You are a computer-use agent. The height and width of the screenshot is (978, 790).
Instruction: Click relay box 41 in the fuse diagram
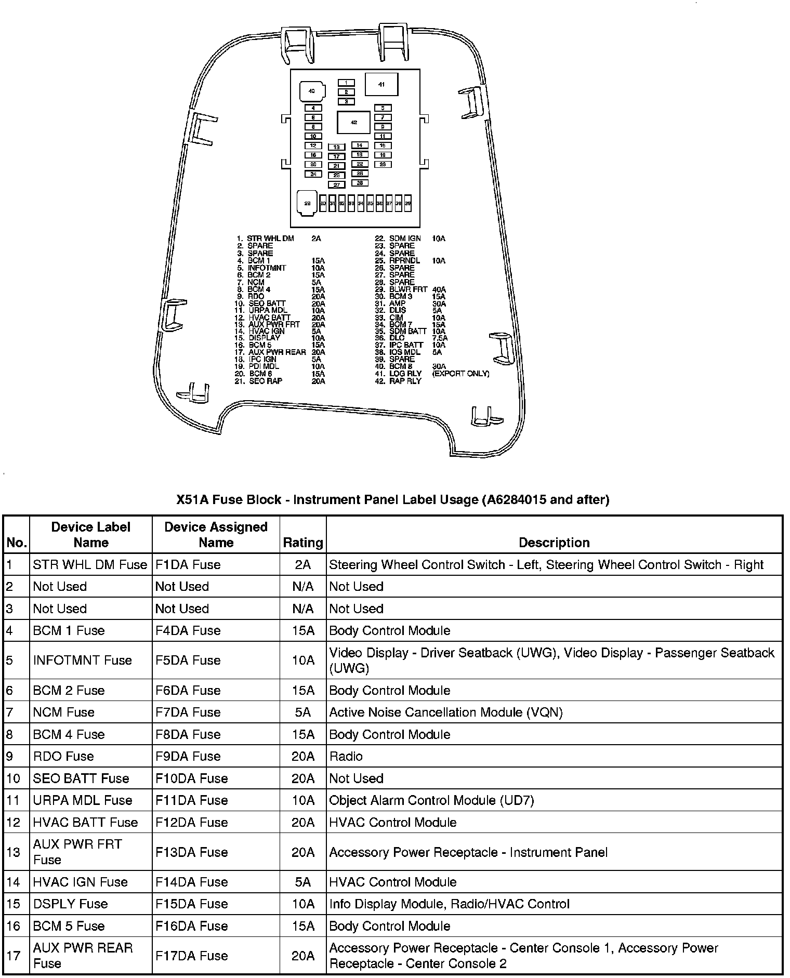pyautogui.click(x=381, y=84)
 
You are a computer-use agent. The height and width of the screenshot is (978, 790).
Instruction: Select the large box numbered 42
pyautogui.click(x=354, y=123)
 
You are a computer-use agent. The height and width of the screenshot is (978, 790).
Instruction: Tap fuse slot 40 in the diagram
pyautogui.click(x=312, y=91)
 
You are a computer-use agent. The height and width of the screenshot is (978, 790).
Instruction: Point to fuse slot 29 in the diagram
pyautogui.click(x=307, y=203)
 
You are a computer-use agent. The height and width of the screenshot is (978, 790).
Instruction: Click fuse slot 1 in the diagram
pyautogui.click(x=346, y=83)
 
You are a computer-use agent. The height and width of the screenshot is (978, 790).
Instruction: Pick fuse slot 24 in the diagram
pyautogui.click(x=313, y=174)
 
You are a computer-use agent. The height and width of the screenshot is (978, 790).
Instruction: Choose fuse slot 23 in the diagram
pyautogui.click(x=383, y=164)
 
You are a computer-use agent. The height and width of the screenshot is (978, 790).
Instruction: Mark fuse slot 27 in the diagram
pyautogui.click(x=336, y=184)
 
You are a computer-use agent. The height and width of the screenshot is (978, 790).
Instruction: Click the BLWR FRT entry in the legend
pyautogui.click(x=408, y=289)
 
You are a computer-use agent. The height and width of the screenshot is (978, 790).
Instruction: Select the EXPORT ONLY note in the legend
pyautogui.click(x=460, y=374)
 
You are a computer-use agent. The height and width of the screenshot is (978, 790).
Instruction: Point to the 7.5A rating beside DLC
pyautogui.click(x=440, y=338)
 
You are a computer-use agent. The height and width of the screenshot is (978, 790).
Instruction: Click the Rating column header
pyautogui.click(x=303, y=543)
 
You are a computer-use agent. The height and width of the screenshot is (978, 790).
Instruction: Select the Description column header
pyautogui.click(x=554, y=543)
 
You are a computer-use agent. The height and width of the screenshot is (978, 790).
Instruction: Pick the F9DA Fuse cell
pyautogui.click(x=188, y=756)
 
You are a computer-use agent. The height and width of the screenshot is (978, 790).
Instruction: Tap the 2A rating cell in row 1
pyautogui.click(x=303, y=564)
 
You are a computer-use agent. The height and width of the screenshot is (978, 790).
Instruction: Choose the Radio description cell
pyautogui.click(x=346, y=756)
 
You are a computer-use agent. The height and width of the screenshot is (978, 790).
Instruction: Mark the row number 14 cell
pyautogui.click(x=14, y=882)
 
